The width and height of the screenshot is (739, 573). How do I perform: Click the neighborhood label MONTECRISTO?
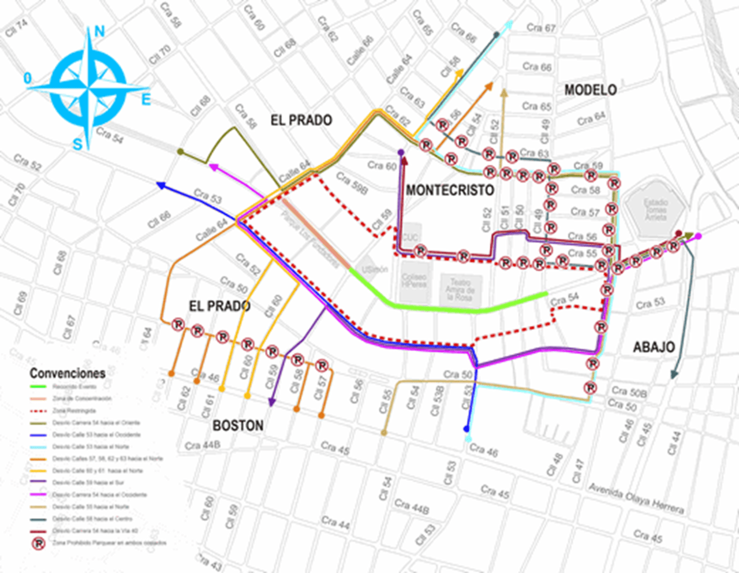coord(450,190)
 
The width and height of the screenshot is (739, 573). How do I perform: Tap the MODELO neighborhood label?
coord(590,90)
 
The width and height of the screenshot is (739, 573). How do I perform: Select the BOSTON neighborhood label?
coord(238,426)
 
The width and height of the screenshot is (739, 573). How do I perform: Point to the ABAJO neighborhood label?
coord(654,347)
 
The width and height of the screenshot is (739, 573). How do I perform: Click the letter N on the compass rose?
coord(99,31)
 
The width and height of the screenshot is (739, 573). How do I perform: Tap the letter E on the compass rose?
coord(146,100)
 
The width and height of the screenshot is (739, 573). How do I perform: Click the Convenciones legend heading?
coord(68,373)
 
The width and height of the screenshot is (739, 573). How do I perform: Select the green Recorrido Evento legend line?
coord(38,386)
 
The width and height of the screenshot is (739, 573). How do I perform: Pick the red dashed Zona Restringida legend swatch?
coord(38,411)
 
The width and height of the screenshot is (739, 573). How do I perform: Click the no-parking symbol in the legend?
coord(38,543)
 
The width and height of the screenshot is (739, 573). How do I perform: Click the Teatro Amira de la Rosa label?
coord(459,289)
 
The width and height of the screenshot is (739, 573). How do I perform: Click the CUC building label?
coord(410,237)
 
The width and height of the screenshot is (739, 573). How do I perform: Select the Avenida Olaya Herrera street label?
coord(636,498)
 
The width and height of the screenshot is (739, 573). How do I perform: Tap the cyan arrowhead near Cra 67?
coord(509,25)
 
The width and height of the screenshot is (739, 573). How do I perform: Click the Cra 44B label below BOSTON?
coord(203,445)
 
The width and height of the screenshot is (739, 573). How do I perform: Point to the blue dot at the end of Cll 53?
coord(466,429)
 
